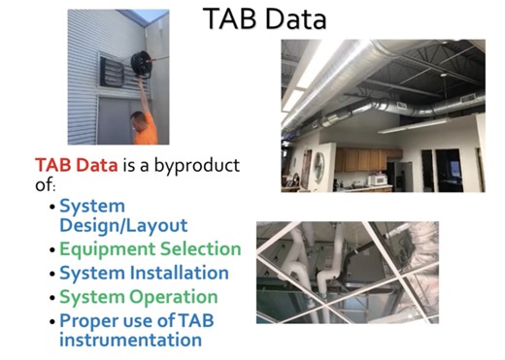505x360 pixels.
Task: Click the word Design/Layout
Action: pyautogui.click(x=123, y=225)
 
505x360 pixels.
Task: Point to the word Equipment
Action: pyautogui.click(x=105, y=249)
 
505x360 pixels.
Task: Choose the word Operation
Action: pyautogui.click(x=173, y=297)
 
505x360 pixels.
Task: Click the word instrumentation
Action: pyautogui.click(x=130, y=340)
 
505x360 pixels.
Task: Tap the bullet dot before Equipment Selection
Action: pyautogui.click(x=51, y=250)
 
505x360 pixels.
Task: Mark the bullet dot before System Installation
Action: pyautogui.click(x=51, y=275)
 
